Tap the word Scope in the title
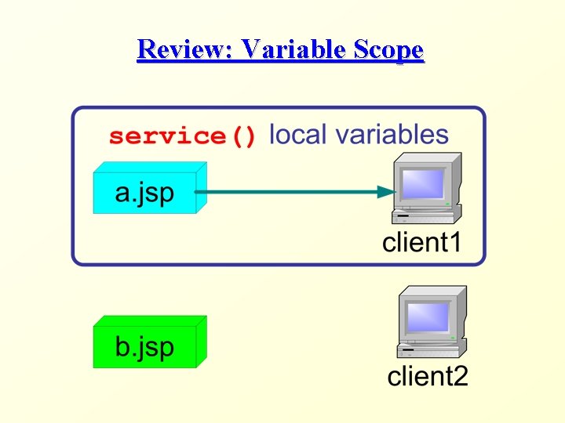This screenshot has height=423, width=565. click(x=388, y=51)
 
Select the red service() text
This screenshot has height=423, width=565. click(x=183, y=136)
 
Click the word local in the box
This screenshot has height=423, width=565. click(x=297, y=135)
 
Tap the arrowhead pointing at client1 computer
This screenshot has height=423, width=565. click(x=385, y=192)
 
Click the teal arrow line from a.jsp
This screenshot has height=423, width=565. click(x=290, y=192)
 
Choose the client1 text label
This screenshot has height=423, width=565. click(x=421, y=242)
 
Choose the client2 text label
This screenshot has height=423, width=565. click(x=428, y=377)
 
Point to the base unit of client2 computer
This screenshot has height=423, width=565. click(x=432, y=347)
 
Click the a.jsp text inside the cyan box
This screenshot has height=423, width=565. click(x=144, y=193)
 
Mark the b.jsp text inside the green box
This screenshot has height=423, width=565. click(x=144, y=347)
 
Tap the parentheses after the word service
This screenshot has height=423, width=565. click(x=242, y=136)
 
